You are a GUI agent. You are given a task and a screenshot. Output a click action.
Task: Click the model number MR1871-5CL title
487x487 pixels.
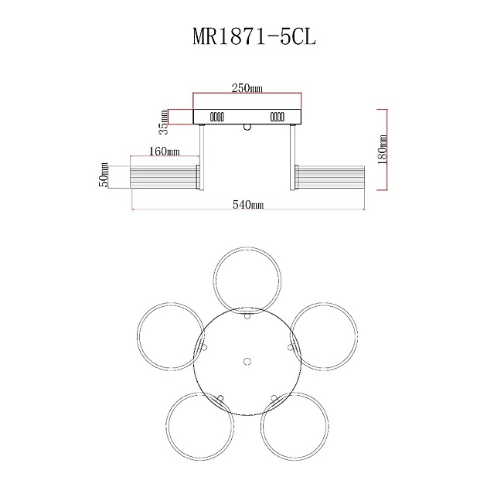click(x=243, y=36)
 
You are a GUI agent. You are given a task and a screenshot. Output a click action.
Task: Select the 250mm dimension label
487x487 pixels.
click(x=247, y=89)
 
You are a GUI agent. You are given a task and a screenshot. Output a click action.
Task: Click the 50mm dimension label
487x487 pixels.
click(x=104, y=176)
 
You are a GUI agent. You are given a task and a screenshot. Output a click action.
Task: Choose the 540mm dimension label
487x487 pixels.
click(x=248, y=205)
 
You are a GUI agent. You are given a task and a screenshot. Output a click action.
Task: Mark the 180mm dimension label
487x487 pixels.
click(x=383, y=148)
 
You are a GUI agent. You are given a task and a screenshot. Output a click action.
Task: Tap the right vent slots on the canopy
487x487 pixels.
click(x=277, y=117)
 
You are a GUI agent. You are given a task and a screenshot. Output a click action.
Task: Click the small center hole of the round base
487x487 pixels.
click(x=247, y=361)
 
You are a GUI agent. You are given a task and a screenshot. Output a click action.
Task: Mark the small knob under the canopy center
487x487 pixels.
click(x=247, y=127)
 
